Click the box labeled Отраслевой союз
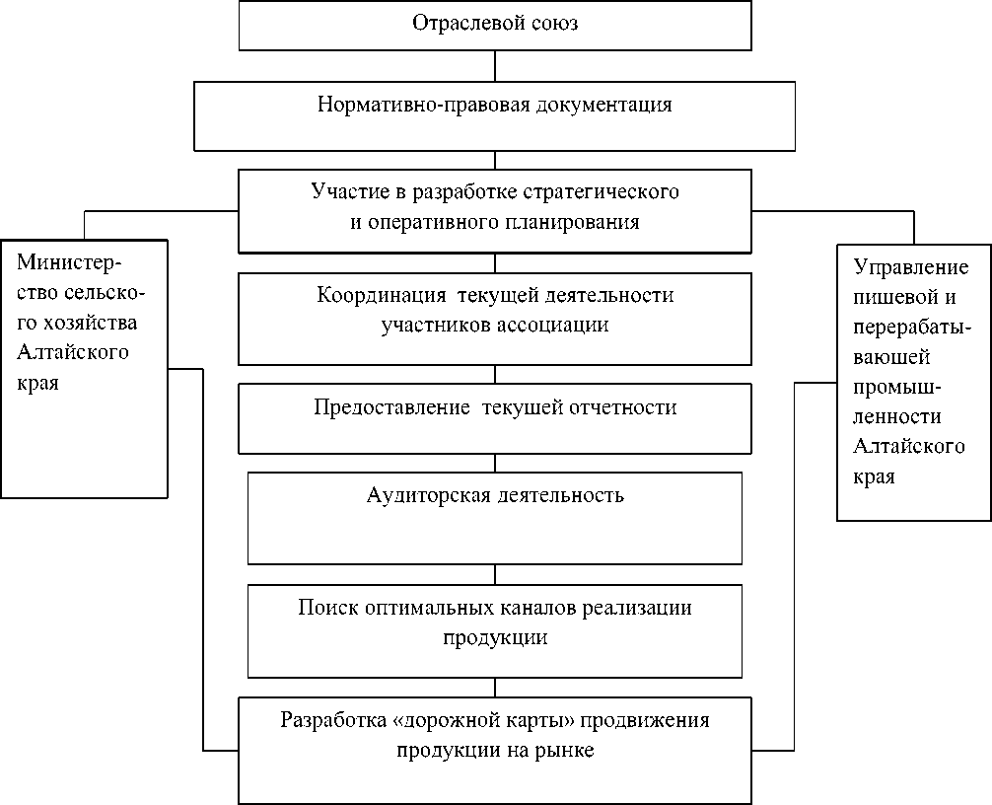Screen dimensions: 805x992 pos(494,26)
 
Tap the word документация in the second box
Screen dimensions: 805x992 pos(607,105)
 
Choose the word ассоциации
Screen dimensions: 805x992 pos(550,325)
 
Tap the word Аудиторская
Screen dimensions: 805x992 pos(419,494)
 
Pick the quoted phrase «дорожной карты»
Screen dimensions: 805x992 pos(470,719)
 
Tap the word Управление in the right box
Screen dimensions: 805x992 pos(909,267)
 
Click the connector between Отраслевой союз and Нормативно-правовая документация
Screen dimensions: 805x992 pos(494,65)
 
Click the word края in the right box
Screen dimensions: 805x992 pos(873,476)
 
